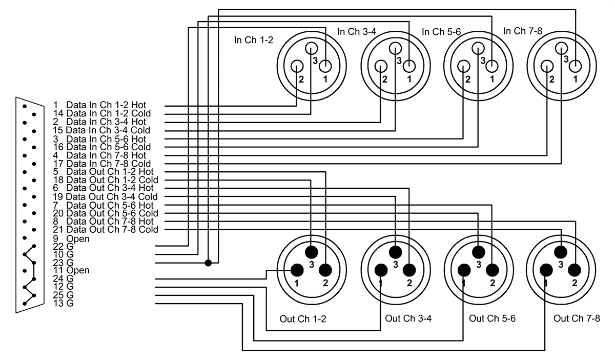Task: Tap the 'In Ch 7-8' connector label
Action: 522,31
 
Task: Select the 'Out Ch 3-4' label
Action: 408,318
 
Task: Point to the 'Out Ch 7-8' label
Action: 577,318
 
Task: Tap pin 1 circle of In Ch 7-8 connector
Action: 576,66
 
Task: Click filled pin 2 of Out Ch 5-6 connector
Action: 492,270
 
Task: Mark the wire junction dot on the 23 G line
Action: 208,263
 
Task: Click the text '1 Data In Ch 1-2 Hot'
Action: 99,105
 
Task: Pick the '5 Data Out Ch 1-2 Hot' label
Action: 103,171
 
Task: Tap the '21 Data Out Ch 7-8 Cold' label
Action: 106,229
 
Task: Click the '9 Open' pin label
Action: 71,238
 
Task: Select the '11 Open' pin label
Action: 71,270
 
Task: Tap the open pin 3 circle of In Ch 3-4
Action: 395,49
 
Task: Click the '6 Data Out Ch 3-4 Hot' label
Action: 103,188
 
